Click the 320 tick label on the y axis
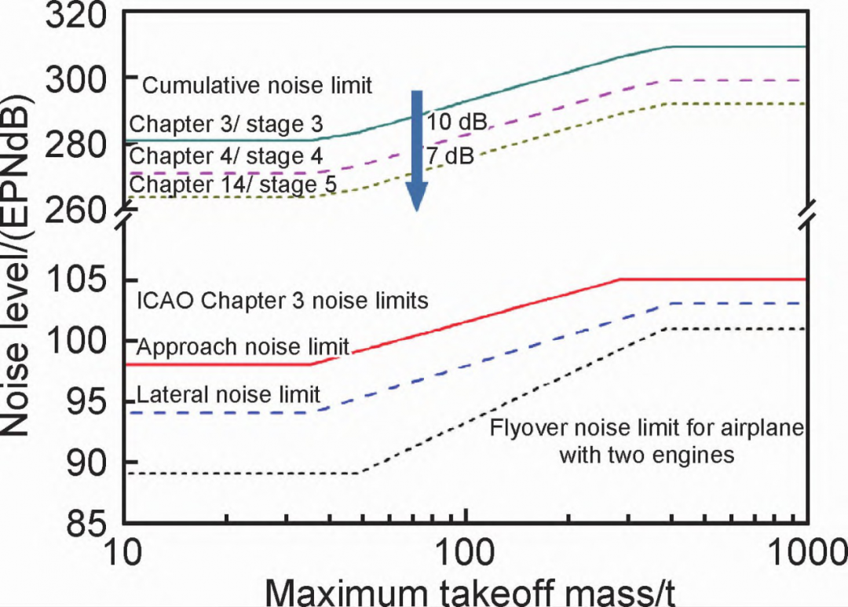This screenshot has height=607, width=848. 79,16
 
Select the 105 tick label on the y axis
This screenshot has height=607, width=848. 79,280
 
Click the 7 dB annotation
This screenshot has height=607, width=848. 450,156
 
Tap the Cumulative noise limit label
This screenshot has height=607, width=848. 258,85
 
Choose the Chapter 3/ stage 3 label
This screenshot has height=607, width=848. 226,124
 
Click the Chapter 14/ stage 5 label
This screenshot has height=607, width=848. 233,185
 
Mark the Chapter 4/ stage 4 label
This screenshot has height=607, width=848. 226,155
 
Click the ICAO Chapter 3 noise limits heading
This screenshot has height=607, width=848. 283,301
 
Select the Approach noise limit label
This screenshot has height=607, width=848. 243,346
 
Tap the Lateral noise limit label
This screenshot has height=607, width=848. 228,394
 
